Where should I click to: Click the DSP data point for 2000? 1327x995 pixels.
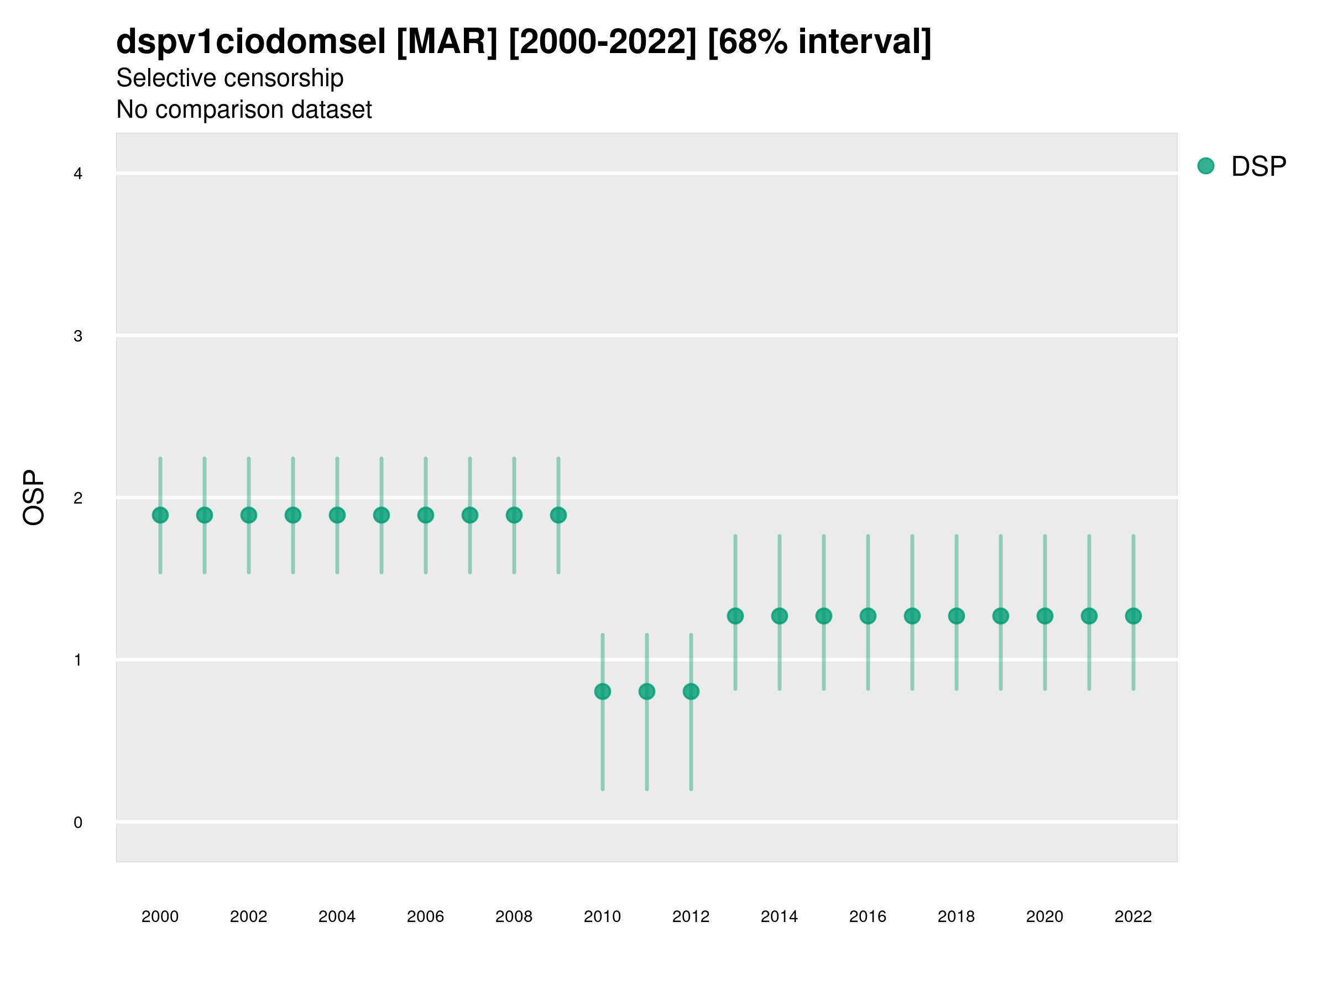[160, 515]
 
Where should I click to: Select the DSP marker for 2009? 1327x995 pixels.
[558, 515]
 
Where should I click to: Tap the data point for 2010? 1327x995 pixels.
[602, 692]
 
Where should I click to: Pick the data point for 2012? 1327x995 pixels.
[691, 692]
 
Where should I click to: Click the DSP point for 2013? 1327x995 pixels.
[735, 616]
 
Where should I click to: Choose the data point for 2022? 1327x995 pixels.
[1133, 616]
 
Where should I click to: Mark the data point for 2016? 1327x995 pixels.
[868, 616]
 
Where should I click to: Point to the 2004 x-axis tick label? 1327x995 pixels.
[337, 917]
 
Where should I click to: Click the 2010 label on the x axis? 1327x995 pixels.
[602, 917]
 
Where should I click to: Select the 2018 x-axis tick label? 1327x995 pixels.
[956, 917]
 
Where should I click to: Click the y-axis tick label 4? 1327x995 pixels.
[78, 174]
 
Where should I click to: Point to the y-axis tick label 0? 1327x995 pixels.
[78, 823]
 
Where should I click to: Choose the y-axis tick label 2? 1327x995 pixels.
[78, 498]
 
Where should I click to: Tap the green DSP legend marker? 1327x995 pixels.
[1206, 166]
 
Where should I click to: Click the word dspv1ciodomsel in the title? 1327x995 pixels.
[251, 42]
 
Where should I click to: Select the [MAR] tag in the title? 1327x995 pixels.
[447, 42]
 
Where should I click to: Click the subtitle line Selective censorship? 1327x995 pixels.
[230, 78]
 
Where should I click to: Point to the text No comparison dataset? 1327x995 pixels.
[244, 110]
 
